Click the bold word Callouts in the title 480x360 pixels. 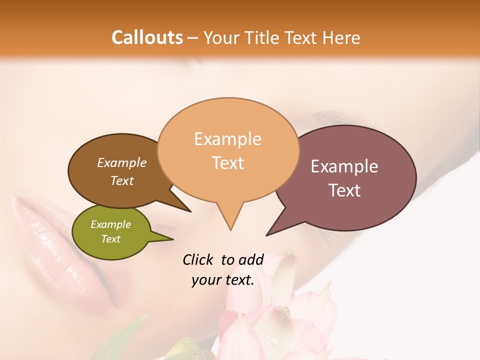pos(147,37)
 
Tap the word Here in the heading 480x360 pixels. pos(341,37)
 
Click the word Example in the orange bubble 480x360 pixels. pos(227,139)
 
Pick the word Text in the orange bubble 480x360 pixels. pos(228,163)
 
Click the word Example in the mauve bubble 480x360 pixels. pos(344,166)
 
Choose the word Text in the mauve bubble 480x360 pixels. pos(344,190)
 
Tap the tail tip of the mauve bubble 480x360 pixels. pos(266,235)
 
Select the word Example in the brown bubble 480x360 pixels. pos(122,163)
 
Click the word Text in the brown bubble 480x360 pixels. pos(122,181)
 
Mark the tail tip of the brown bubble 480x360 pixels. pos(190,211)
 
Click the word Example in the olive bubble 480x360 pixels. pos(111,224)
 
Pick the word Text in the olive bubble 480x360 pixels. pos(111,239)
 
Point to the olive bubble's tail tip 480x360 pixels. pos(173,239)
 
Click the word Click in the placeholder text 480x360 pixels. pos(197,259)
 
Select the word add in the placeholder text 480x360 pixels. pos(251,259)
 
